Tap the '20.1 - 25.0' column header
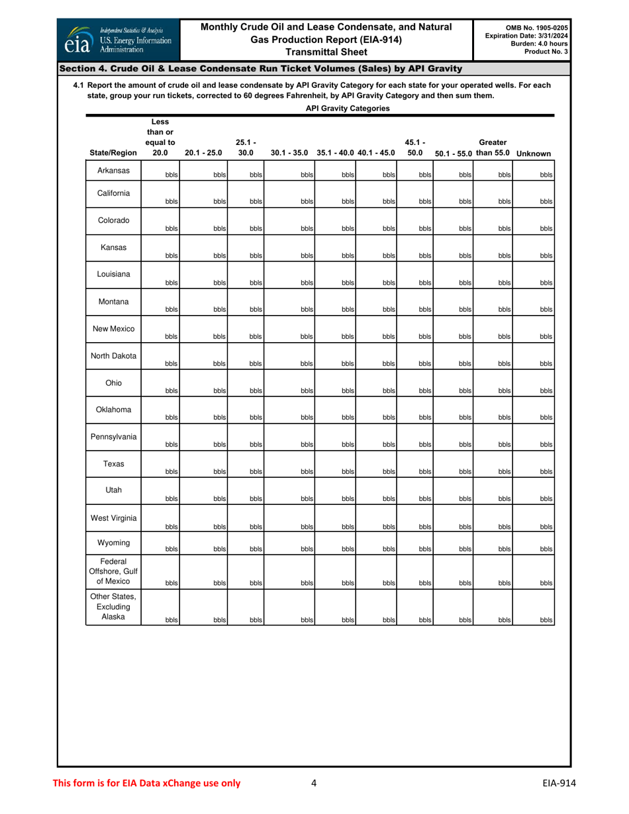pos(203,154)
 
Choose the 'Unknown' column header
pos(534,154)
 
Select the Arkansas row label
pos(113,170)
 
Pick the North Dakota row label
pos(113,356)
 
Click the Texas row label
pos(113,463)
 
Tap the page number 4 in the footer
pos(314,784)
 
